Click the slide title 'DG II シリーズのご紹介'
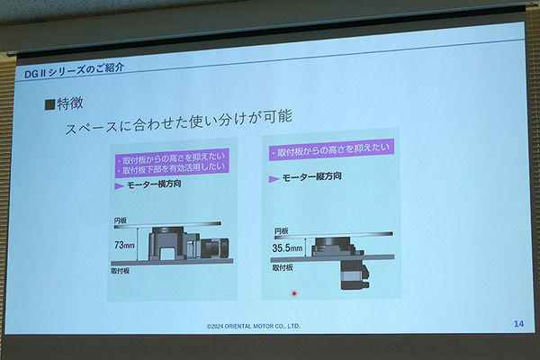(74, 70)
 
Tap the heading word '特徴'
(70, 103)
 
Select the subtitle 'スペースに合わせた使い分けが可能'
(179, 122)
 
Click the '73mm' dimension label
(124, 245)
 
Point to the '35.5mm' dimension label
(287, 247)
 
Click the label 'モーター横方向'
(154, 184)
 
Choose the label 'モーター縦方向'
(311, 176)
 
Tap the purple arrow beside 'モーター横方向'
(119, 186)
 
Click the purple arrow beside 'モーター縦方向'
(274, 179)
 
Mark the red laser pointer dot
(294, 293)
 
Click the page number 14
(518, 323)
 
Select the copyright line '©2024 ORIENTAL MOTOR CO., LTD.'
(253, 326)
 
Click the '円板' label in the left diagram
(121, 220)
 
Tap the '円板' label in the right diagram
(282, 230)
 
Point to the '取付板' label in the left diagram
(121, 271)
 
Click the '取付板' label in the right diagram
(283, 267)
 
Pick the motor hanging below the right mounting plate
(355, 274)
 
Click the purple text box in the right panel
(331, 149)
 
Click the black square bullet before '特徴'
(49, 104)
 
